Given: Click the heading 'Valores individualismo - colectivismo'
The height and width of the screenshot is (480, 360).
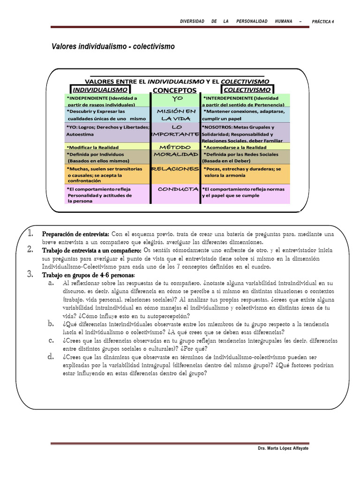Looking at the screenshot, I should click(112, 47).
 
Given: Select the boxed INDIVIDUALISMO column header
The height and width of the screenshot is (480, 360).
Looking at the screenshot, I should click(100, 89).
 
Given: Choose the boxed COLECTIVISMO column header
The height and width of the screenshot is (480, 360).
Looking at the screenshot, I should click(247, 89).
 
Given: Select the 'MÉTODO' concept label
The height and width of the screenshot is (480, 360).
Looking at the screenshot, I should click(175, 147).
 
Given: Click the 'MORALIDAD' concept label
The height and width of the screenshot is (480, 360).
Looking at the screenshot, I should click(176, 154).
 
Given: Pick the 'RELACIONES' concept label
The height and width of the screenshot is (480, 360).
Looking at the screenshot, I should click(176, 169).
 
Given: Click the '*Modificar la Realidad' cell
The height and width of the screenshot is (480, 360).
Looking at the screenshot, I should click(93, 147).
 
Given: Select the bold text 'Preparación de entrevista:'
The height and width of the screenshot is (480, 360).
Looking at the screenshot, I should click(75, 234).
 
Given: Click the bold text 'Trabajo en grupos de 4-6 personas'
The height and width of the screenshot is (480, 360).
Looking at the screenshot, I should click(88, 275).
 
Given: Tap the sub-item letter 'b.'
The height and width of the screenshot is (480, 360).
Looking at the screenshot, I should click(50, 324).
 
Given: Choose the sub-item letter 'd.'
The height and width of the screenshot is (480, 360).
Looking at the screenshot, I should click(50, 357).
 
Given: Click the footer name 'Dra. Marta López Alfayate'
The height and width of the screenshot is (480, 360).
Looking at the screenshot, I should click(283, 449).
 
